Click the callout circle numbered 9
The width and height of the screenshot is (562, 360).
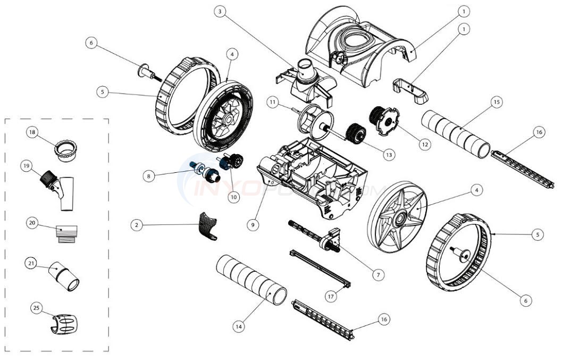click(x=253, y=225)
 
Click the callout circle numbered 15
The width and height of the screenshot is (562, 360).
click(x=497, y=102)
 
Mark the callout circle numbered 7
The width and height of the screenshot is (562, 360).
click(x=378, y=275)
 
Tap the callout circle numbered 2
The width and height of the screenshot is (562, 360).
click(x=137, y=225)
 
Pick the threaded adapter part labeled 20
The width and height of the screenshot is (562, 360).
click(x=66, y=232)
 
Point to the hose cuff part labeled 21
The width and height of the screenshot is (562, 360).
click(x=66, y=277)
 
